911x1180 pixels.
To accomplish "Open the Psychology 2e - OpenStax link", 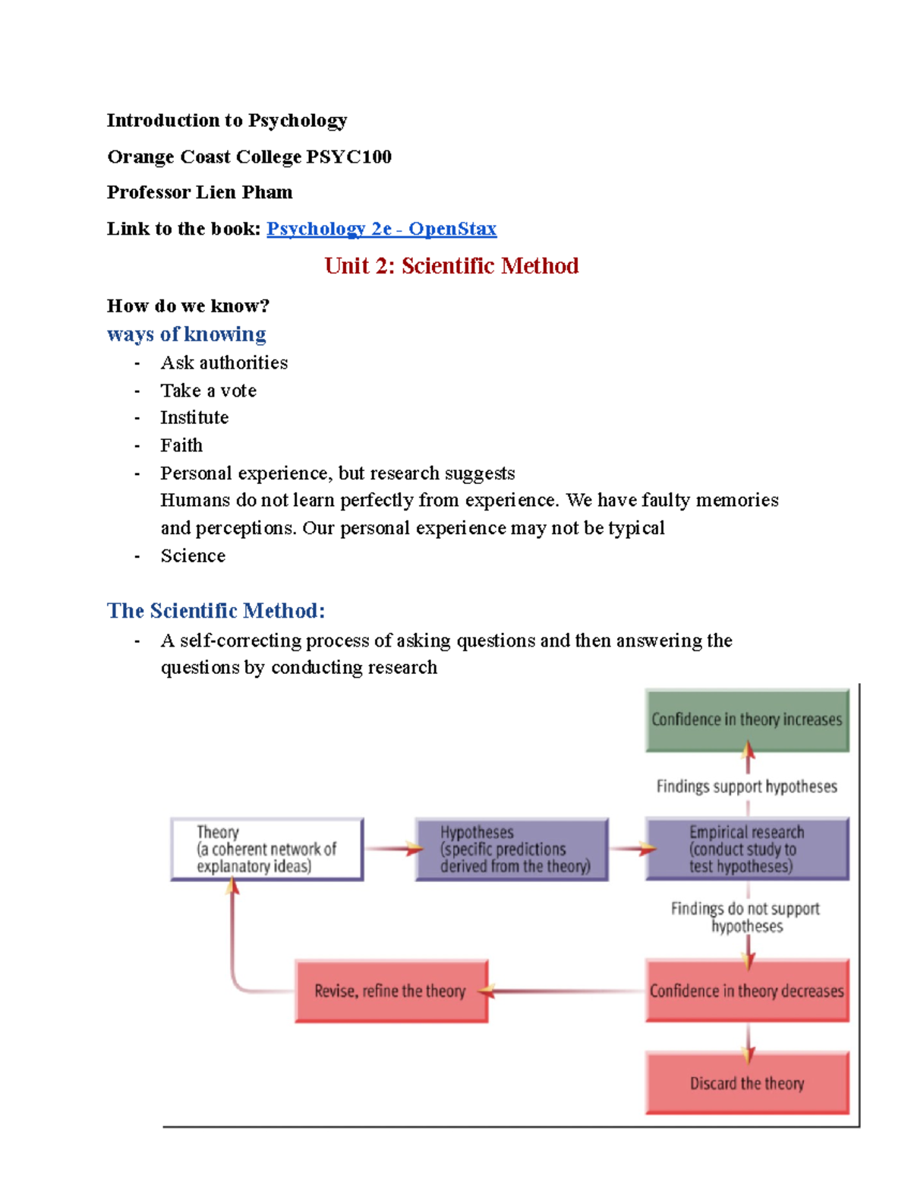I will pyautogui.click(x=381, y=229).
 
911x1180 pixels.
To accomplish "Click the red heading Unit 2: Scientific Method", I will pyautogui.click(x=451, y=266).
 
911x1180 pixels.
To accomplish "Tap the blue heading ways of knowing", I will pyautogui.click(x=187, y=334).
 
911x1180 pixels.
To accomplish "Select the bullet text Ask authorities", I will pyautogui.click(x=224, y=362).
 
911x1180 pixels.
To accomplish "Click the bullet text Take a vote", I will pyautogui.click(x=208, y=391).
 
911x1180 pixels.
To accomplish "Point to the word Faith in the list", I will pyautogui.click(x=181, y=445).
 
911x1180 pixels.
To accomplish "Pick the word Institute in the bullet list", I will pyautogui.click(x=194, y=418).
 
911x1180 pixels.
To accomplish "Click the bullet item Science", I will pyautogui.click(x=193, y=556).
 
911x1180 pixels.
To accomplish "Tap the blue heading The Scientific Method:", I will pyautogui.click(x=216, y=611).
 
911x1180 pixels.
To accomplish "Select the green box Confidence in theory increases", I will pyautogui.click(x=747, y=720).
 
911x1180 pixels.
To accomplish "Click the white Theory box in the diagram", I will pyautogui.click(x=266, y=849).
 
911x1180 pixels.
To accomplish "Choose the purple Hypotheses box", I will pyautogui.click(x=512, y=849).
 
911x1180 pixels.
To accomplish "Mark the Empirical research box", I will pyautogui.click(x=747, y=849).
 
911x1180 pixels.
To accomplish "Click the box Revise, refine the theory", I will pyautogui.click(x=391, y=991).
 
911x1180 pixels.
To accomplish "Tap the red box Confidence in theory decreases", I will pyautogui.click(x=747, y=991).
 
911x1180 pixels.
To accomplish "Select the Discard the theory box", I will pyautogui.click(x=747, y=1084).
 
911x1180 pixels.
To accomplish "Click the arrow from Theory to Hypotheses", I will pyautogui.click(x=391, y=849).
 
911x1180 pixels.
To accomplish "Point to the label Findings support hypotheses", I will pyautogui.click(x=747, y=786).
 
